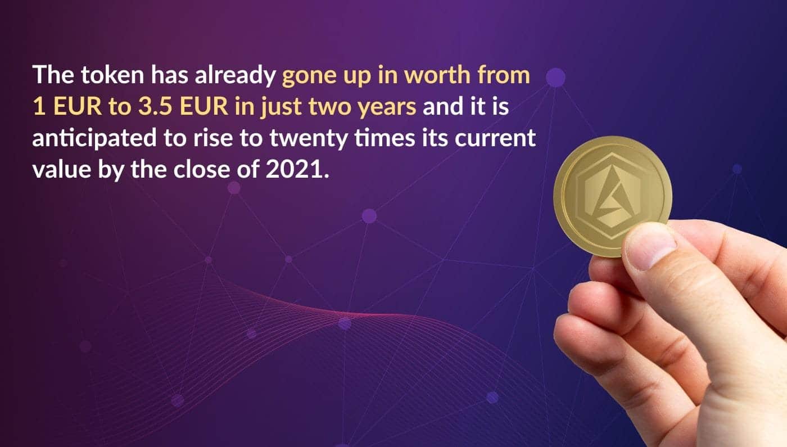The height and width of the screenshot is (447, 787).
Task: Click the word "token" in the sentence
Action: [x=112, y=74]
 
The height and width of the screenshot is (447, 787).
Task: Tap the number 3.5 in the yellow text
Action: [x=155, y=106]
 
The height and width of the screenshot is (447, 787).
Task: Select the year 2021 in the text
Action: [x=295, y=169]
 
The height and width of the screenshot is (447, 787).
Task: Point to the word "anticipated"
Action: [x=94, y=139]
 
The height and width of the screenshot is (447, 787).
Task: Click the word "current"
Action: [x=495, y=138]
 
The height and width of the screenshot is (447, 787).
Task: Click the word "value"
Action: [x=61, y=169]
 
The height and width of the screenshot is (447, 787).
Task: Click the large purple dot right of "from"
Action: [x=555, y=78]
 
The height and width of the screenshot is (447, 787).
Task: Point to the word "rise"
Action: [x=212, y=138]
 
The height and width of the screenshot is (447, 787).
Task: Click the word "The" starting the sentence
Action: [x=53, y=74]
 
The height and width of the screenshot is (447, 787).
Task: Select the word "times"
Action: [x=385, y=138]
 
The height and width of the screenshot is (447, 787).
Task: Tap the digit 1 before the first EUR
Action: [x=39, y=106]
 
